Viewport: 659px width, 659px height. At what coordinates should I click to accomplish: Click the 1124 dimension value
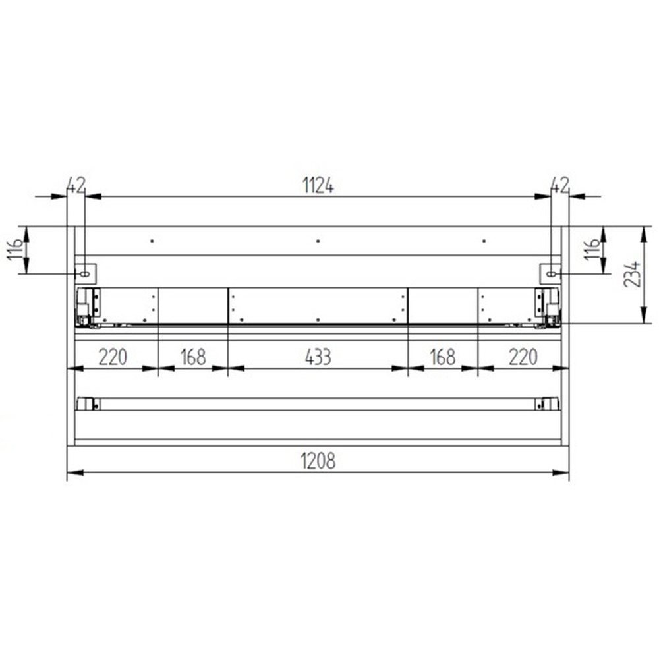(x=318, y=186)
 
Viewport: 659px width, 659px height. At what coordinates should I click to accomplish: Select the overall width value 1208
(x=318, y=461)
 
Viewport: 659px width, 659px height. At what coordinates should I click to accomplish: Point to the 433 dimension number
(x=318, y=357)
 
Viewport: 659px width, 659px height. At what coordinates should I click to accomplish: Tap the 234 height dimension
(x=631, y=274)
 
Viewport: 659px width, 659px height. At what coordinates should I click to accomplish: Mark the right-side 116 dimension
(x=592, y=249)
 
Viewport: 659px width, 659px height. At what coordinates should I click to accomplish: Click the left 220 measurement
(x=113, y=357)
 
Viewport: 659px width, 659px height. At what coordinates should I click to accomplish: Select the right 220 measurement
(x=523, y=357)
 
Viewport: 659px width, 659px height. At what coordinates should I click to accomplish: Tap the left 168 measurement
(x=192, y=357)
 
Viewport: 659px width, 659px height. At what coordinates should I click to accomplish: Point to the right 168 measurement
(x=442, y=357)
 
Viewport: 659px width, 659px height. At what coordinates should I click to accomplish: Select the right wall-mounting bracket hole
(x=551, y=272)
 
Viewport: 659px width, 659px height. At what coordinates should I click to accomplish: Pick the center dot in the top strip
(x=318, y=241)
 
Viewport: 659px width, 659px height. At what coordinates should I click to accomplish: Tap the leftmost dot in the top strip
(x=152, y=241)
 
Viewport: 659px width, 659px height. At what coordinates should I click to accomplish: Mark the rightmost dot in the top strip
(x=484, y=241)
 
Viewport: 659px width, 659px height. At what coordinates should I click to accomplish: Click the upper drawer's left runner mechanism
(x=88, y=306)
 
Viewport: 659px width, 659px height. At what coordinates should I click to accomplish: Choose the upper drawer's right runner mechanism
(x=548, y=306)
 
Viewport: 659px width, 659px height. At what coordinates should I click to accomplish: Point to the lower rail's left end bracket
(x=86, y=404)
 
